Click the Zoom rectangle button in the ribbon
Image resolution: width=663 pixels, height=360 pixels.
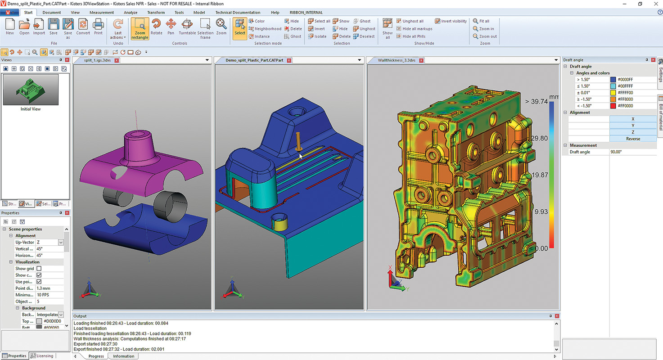click(140, 29)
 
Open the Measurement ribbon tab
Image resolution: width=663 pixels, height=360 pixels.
click(102, 13)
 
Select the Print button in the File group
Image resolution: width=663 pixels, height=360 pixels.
click(98, 27)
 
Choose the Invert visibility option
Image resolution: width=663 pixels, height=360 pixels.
click(451, 21)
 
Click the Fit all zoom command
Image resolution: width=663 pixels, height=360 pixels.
click(481, 21)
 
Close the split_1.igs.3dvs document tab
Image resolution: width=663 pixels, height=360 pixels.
click(117, 60)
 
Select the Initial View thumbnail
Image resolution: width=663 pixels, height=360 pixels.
click(31, 90)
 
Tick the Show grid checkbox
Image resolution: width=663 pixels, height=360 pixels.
click(39, 269)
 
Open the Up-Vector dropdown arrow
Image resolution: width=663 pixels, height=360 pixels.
click(61, 243)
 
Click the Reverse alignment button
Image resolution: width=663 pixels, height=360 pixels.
click(633, 139)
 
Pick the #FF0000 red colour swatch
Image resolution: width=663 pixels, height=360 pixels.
click(613, 106)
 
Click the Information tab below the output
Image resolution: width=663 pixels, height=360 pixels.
click(123, 356)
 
